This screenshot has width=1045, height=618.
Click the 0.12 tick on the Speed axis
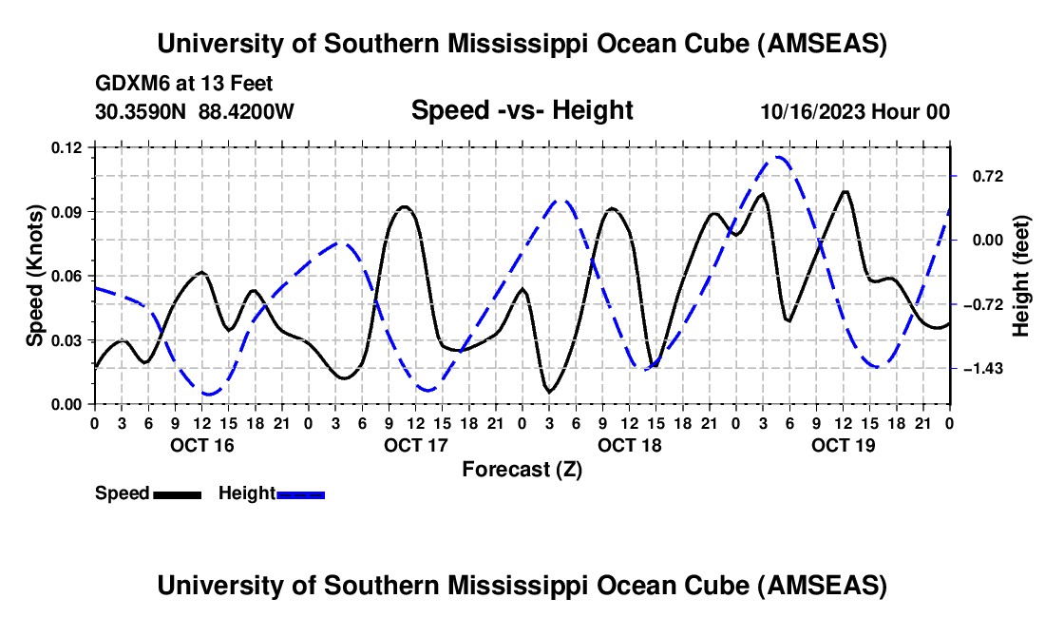pos(67,147)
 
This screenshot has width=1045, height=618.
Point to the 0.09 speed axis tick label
pos(67,211)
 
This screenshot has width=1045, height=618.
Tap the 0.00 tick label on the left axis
pos(67,404)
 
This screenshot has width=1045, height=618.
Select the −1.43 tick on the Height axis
pos(982,368)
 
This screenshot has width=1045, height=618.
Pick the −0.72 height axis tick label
pos(982,304)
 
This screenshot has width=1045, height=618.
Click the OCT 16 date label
pos(201,445)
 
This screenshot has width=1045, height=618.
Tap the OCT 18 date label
pos(629,445)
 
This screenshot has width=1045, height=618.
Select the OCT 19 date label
pos(843,445)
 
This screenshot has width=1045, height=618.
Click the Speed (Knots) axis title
pos(35,276)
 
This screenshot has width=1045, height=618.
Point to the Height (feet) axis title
pos(1021,276)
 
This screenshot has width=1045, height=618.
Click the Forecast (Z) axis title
pos(522,469)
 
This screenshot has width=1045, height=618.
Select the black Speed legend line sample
pos(176,494)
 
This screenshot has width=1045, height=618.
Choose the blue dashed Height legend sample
pos(300,494)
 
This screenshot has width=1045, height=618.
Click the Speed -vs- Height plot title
pos(522,110)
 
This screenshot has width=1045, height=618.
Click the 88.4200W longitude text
pos(246,111)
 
